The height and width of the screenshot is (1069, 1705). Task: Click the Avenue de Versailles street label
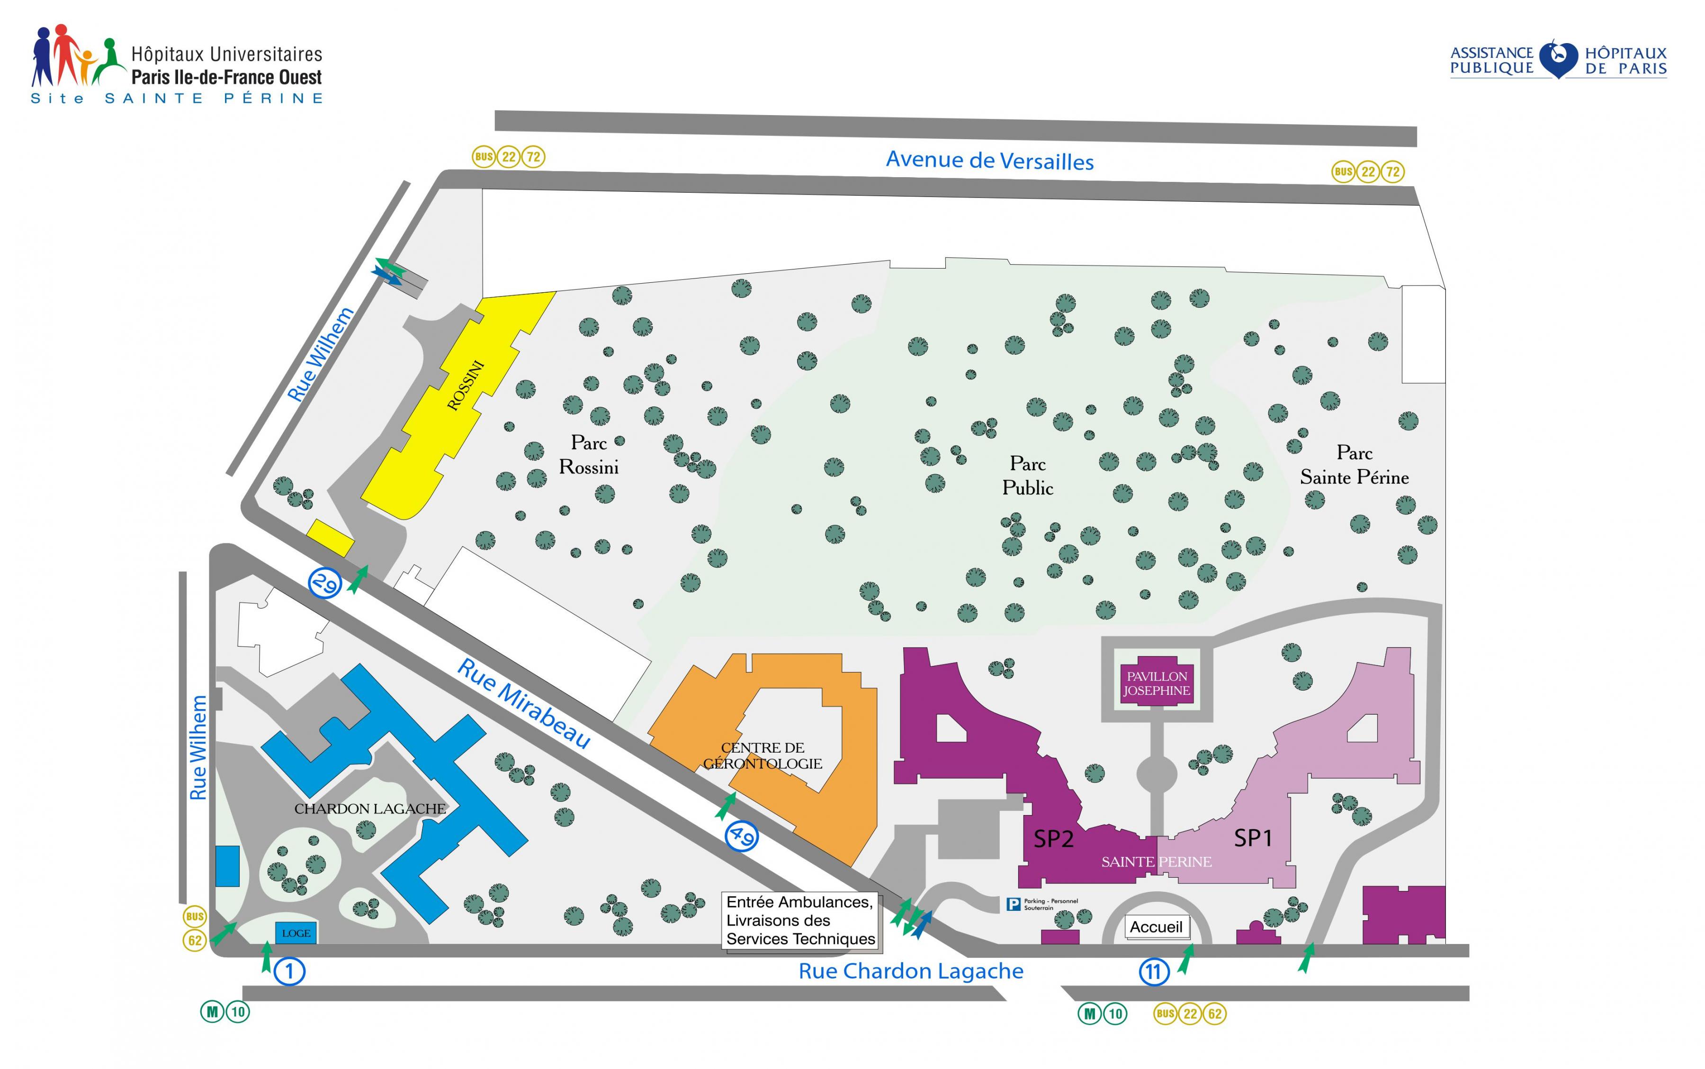[990, 161]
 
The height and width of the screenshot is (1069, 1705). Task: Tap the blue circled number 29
[325, 584]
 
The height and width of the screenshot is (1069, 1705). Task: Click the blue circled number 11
[1154, 972]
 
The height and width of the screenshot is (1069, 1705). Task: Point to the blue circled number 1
[289, 971]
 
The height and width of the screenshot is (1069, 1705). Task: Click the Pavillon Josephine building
[1157, 683]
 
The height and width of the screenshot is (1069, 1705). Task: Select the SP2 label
[1053, 838]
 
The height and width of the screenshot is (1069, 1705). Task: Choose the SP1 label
[1253, 838]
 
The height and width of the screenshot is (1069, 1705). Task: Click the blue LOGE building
[296, 933]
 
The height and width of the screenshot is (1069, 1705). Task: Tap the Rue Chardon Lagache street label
[910, 971]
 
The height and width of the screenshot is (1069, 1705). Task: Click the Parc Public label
[1028, 476]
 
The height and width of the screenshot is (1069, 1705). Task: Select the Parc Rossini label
[589, 455]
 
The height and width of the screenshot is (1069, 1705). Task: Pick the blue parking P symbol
[1014, 904]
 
